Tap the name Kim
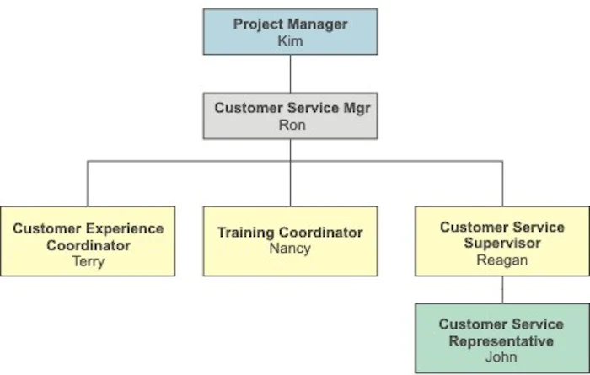(290, 40)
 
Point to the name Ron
(291, 125)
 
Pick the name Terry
(88, 261)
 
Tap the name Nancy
(290, 249)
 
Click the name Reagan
(502, 260)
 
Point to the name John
(502, 357)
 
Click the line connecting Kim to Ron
(290, 73)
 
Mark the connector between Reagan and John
(502, 290)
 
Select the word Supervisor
(502, 244)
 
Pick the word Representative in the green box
(501, 341)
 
